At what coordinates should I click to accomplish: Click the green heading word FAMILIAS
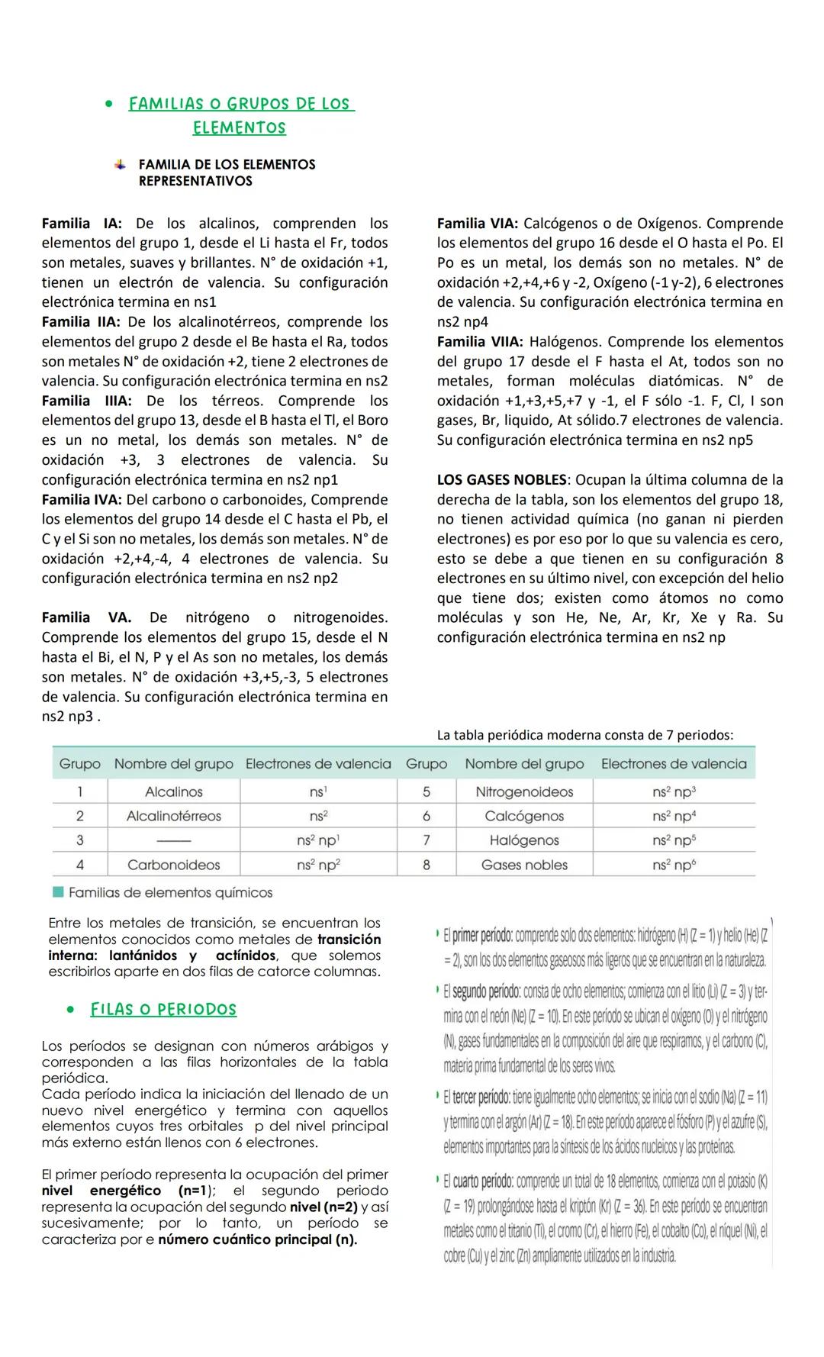click(166, 104)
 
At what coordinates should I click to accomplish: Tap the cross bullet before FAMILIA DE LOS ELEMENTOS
click(120, 164)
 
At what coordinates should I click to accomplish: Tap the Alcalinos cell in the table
click(174, 791)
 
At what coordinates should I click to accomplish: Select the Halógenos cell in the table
click(524, 840)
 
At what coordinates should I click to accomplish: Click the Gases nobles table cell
click(524, 865)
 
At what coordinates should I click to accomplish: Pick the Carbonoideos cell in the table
click(174, 865)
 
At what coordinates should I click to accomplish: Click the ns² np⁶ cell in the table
click(674, 865)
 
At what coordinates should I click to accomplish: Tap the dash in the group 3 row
click(174, 840)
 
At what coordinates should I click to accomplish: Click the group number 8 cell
click(426, 865)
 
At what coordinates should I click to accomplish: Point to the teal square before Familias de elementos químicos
click(58, 892)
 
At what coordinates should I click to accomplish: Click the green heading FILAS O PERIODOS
click(163, 1010)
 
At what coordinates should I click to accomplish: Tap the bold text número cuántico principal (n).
click(257, 1239)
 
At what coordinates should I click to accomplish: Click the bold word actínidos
click(246, 956)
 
